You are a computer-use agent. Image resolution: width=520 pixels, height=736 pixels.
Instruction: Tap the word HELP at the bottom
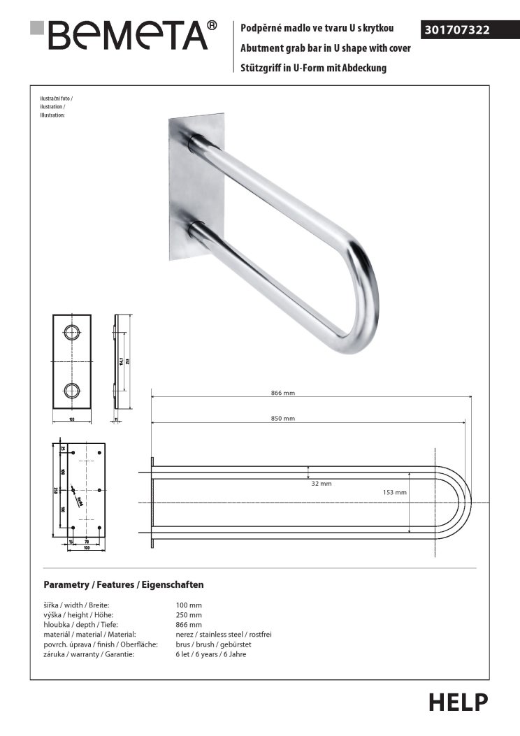click(458, 702)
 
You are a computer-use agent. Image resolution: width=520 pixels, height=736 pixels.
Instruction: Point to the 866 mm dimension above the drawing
click(283, 393)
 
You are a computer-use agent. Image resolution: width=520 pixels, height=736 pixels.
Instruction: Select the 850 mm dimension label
click(283, 418)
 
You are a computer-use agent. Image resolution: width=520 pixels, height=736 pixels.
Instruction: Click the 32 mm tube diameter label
click(322, 484)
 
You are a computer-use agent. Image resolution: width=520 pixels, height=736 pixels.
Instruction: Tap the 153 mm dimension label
click(395, 492)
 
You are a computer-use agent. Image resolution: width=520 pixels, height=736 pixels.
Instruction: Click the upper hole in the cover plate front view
click(72, 332)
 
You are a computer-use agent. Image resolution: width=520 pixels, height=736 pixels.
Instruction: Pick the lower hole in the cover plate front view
click(72, 391)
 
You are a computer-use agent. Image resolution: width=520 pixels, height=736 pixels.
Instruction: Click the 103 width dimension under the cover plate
click(72, 419)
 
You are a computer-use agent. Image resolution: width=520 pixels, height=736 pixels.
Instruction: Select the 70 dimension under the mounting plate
click(86, 541)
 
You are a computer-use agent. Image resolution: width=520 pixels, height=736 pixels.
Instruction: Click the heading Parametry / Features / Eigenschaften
click(123, 584)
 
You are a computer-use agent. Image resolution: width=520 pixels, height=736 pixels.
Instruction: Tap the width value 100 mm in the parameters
click(188, 605)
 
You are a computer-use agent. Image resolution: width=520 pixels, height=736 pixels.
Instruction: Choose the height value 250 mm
click(188, 614)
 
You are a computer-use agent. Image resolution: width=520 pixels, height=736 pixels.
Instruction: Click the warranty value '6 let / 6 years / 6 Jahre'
click(210, 654)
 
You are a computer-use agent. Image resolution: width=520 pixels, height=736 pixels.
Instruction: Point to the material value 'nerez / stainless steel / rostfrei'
click(223, 634)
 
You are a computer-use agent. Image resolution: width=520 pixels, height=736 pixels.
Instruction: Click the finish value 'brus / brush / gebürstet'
click(213, 644)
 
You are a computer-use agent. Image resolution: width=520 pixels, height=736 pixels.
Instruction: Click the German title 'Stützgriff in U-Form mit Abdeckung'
click(313, 68)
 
